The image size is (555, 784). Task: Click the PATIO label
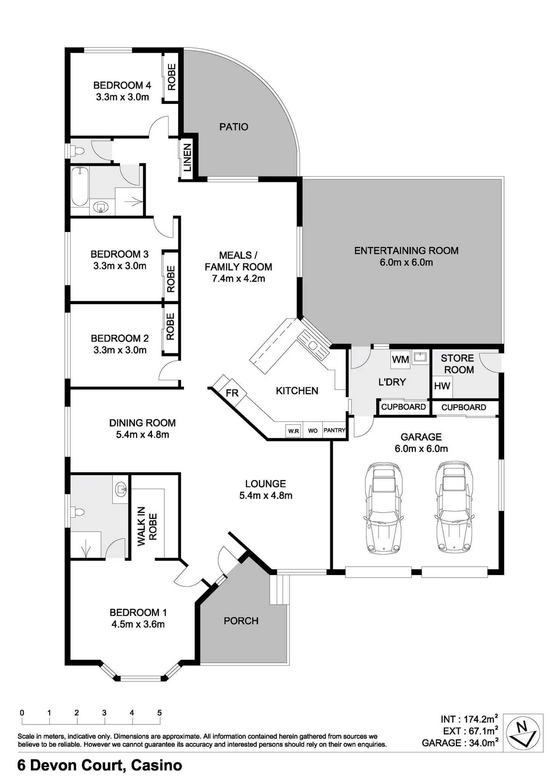(234, 127)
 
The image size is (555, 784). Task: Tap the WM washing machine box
(400, 359)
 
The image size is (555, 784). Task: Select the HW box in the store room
(442, 386)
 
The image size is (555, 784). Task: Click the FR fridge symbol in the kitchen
(232, 393)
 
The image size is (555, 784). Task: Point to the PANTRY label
(334, 430)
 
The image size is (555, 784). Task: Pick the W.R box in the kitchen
(294, 431)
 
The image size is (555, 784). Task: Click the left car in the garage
(382, 508)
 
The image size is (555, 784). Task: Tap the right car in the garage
(453, 508)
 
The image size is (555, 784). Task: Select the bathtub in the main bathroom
(80, 186)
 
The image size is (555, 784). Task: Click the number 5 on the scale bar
(159, 713)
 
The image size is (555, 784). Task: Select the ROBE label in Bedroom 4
(172, 77)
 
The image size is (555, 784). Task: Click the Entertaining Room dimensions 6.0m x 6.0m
(406, 262)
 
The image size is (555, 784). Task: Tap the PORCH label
(241, 621)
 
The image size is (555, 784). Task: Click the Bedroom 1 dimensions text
(138, 624)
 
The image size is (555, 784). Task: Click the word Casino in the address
(156, 766)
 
